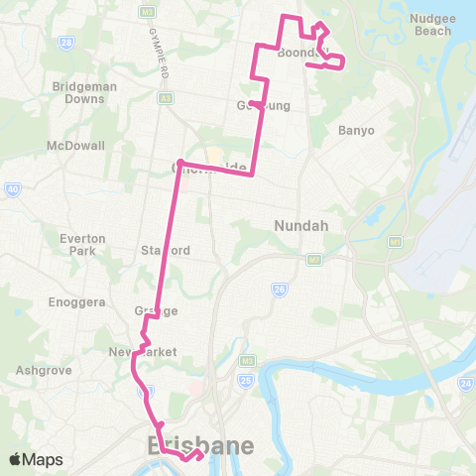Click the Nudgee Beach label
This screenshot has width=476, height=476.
tap(430, 24)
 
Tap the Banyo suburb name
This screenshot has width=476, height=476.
tap(356, 130)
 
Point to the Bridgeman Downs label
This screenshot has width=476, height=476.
tap(84, 93)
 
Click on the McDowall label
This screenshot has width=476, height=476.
tap(68, 146)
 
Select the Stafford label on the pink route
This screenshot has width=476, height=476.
tap(165, 251)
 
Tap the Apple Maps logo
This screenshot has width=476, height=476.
tap(35, 458)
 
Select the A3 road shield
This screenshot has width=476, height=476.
tap(166, 98)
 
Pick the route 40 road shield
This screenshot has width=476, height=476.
tap(13, 188)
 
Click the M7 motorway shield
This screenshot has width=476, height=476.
tap(314, 260)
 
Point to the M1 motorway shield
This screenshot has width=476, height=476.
tap(395, 241)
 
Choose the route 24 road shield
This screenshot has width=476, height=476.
tap(465, 383)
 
